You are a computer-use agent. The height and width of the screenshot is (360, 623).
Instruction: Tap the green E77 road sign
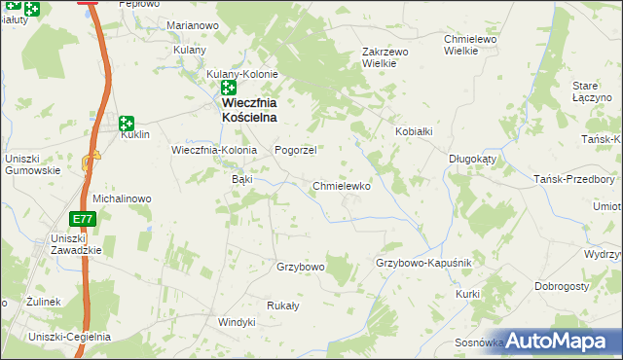point(84,219)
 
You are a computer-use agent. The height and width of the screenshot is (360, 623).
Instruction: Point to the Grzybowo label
point(300,266)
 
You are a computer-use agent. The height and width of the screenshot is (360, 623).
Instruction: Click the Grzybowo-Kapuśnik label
point(423,264)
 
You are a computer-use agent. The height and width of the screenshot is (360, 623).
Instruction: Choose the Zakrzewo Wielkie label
point(389,56)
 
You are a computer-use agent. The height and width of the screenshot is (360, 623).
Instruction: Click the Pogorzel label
point(296,151)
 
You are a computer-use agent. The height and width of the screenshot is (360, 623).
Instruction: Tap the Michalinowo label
point(122,198)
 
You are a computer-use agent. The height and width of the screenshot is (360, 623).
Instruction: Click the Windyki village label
point(237,322)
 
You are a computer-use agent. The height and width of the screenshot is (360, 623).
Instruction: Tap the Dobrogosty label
point(564,287)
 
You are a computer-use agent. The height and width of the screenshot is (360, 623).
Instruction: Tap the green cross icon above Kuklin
point(126,123)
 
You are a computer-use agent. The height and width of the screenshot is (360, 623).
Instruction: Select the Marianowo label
point(192,24)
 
